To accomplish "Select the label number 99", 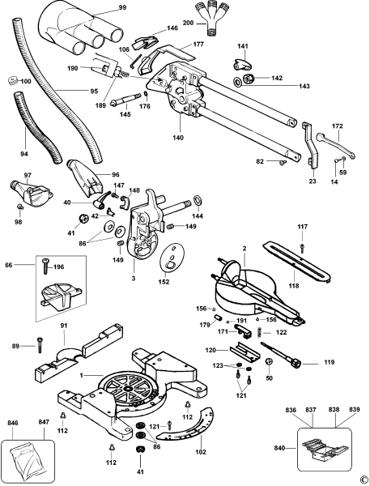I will point(122,7).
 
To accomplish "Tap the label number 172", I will point(338,128).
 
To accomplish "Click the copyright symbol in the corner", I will point(364,480).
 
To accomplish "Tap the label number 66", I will point(9,263).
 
